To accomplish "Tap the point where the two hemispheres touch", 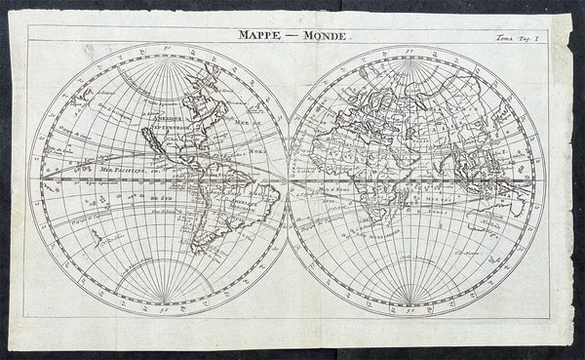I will pyautogui.click(x=290, y=181).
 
